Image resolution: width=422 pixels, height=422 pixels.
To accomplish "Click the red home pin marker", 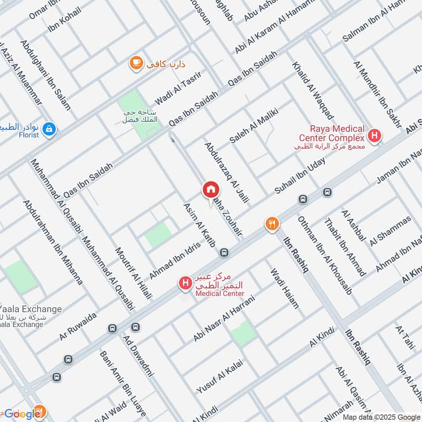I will (x=210, y=190).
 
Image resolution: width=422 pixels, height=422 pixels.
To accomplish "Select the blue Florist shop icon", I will (x=49, y=128).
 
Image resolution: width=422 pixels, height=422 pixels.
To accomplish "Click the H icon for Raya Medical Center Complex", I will (x=375, y=136).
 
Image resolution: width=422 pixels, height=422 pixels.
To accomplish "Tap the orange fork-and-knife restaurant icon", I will (x=272, y=224).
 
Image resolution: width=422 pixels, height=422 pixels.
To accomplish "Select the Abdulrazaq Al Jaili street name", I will (x=226, y=173).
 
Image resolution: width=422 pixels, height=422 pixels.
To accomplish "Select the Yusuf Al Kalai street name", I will (x=219, y=380).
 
